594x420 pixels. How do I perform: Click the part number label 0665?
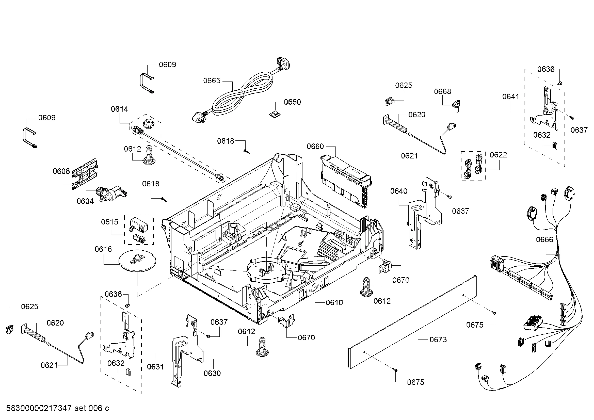point(211,81)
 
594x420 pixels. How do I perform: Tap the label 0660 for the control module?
point(315,147)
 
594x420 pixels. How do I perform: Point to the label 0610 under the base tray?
point(334,303)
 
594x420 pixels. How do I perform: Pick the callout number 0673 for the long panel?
point(438,340)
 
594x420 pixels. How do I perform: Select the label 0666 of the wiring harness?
point(544,239)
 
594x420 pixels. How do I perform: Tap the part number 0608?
point(61,171)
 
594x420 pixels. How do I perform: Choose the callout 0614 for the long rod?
point(119,109)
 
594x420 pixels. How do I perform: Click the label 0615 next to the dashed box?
point(109,222)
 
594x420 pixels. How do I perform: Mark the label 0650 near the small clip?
point(292,102)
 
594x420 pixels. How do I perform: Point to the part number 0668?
point(442,92)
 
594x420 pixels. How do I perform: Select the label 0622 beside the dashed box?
point(498,155)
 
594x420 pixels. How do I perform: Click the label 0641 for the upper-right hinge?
point(510,97)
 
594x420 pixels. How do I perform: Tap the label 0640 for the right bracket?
point(399,191)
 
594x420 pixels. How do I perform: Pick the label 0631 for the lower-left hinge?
point(155,367)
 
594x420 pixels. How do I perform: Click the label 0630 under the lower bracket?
point(212,374)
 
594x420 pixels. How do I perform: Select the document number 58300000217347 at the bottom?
point(39,408)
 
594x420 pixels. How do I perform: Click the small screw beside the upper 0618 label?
point(247,151)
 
